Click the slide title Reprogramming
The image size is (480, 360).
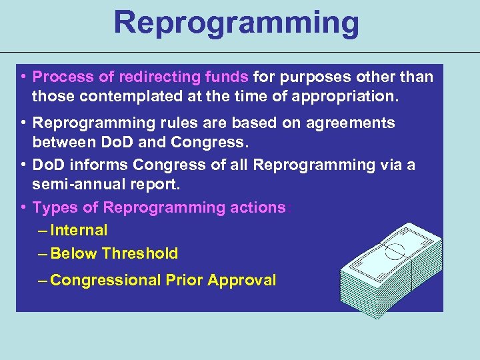(236, 23)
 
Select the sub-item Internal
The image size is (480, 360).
(79, 230)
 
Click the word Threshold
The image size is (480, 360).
(140, 253)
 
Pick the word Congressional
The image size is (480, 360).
(105, 280)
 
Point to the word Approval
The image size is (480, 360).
(241, 280)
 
